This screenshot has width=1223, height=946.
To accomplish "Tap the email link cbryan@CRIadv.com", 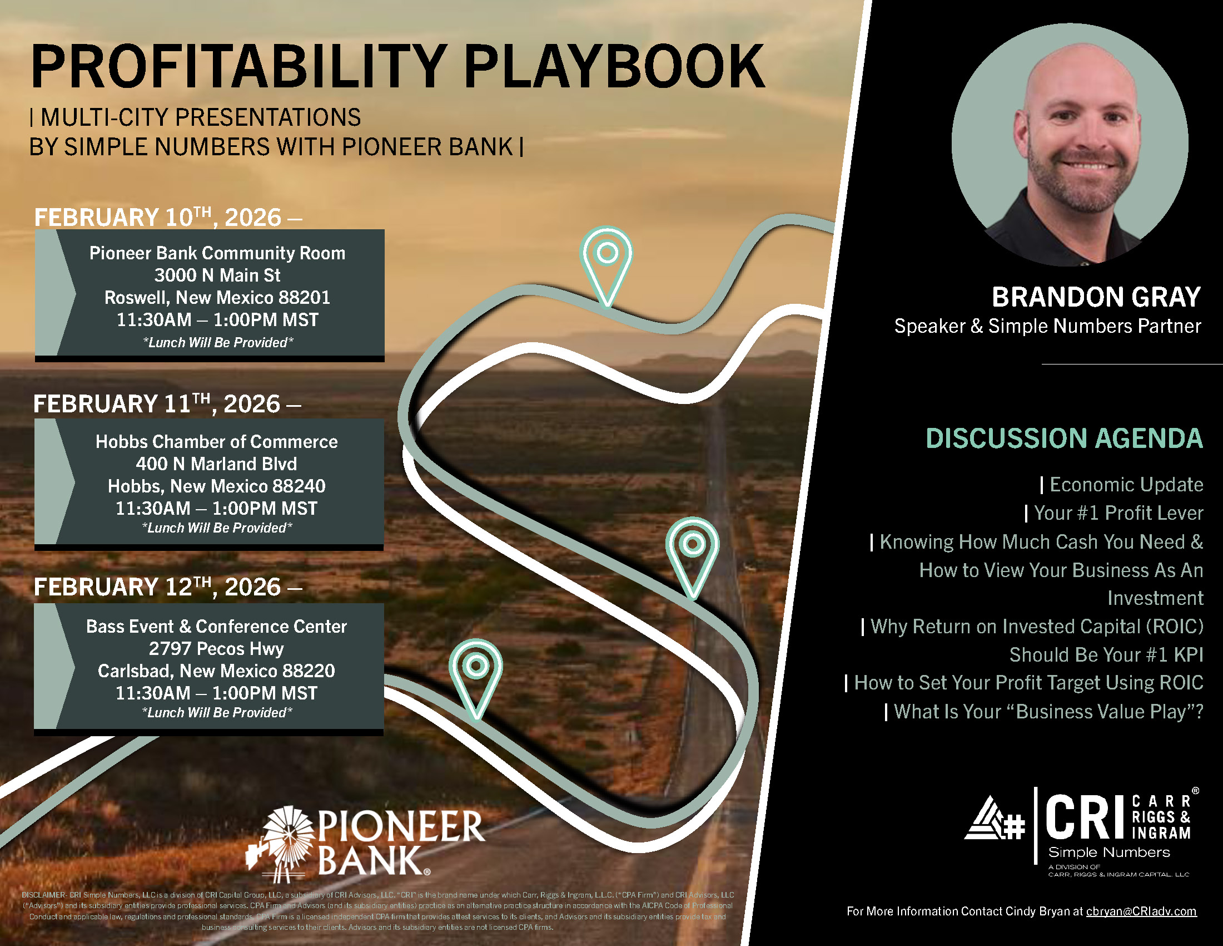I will pyautogui.click(x=1141, y=911).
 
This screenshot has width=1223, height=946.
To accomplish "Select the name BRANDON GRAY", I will pyautogui.click(x=1096, y=297).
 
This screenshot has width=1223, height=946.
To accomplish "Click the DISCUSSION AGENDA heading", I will pyautogui.click(x=1064, y=438).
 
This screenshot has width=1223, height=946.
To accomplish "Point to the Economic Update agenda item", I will pyautogui.click(x=1126, y=485).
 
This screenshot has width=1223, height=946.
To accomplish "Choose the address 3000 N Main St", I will pyautogui.click(x=217, y=275).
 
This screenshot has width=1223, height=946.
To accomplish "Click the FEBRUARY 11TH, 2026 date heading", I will pyautogui.click(x=167, y=404).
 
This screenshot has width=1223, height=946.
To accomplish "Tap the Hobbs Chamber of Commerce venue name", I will pyautogui.click(x=217, y=442).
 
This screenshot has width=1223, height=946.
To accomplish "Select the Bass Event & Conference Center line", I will pyautogui.click(x=217, y=626).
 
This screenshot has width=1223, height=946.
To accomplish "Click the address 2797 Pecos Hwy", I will pyautogui.click(x=216, y=648).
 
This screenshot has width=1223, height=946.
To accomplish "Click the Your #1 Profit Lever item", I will pyautogui.click(x=1118, y=514).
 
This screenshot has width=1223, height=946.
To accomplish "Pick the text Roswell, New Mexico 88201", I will pyautogui.click(x=217, y=298).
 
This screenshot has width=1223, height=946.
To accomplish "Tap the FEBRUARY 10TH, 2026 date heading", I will pyautogui.click(x=168, y=218).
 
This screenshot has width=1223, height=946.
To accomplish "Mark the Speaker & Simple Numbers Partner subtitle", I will pyautogui.click(x=1047, y=326).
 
